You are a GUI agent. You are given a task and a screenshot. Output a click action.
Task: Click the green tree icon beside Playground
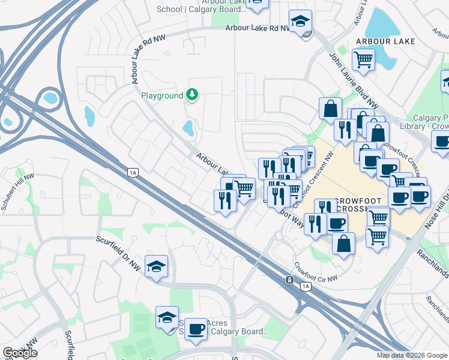(x=192, y=95)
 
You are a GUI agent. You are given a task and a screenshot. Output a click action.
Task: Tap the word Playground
(x=161, y=95)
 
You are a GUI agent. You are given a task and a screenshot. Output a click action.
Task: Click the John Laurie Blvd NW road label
(x=352, y=80)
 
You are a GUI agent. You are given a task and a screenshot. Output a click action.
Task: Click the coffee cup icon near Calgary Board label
(x=196, y=329)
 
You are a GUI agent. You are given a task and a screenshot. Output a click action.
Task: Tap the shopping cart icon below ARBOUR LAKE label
(x=363, y=59)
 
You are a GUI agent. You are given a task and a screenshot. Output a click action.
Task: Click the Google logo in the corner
(x=20, y=352)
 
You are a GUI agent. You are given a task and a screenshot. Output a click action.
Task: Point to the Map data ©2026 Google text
(x=411, y=355)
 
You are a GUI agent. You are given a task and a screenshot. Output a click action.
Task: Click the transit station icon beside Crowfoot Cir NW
(x=289, y=280)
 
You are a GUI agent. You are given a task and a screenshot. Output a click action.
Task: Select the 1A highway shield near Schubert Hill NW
(x=133, y=172)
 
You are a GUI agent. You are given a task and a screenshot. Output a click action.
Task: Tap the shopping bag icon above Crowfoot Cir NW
(x=343, y=244)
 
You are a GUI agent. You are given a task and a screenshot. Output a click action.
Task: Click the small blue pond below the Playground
(x=188, y=127)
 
